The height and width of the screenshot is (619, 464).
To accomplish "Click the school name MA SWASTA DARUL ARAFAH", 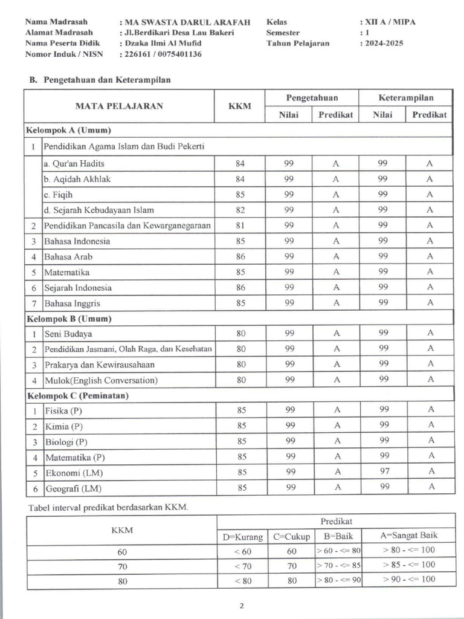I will (187, 22).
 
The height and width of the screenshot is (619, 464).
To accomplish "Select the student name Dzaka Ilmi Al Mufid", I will (163, 43).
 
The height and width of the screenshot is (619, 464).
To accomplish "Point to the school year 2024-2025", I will (384, 43).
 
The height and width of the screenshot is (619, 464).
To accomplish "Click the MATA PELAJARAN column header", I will (119, 106).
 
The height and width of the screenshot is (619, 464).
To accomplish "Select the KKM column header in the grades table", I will (240, 106).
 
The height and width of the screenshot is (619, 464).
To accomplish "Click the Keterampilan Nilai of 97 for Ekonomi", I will (383, 472).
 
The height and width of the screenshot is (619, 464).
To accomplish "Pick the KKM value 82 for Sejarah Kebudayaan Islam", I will (240, 210).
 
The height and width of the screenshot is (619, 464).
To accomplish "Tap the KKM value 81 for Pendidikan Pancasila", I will (240, 225).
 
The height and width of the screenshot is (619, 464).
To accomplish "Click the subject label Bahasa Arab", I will (68, 257).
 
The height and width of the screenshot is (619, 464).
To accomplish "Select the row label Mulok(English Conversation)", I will (101, 380).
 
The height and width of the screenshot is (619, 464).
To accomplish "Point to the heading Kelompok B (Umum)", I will (68, 318).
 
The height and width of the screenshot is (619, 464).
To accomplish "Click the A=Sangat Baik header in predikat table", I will (408, 536).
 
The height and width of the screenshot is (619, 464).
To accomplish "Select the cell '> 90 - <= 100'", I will (408, 580).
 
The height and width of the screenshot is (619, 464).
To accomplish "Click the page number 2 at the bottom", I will (241, 606).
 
